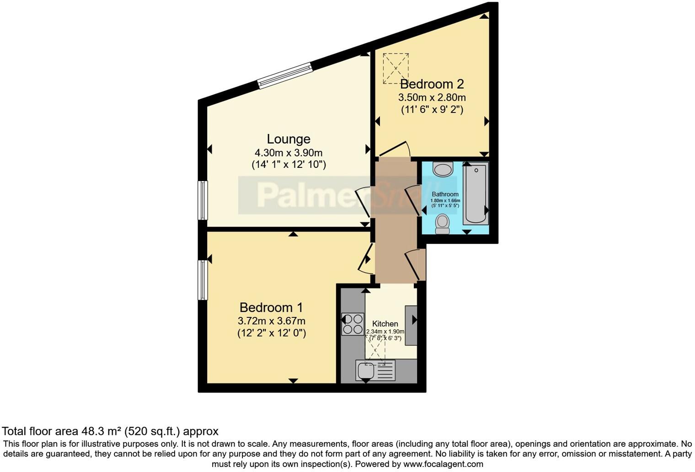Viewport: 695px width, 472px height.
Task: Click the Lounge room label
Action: (289, 139)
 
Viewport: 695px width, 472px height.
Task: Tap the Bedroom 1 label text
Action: (271, 307)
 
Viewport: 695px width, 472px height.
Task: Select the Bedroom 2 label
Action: (432, 84)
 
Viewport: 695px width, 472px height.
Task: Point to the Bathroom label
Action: (445, 194)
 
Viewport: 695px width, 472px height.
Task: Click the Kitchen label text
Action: (385, 324)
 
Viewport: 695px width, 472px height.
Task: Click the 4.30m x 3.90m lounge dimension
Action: (289, 153)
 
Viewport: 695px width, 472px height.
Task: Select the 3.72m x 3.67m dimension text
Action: (271, 321)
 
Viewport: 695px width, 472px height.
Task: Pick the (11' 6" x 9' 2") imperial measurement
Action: (432, 110)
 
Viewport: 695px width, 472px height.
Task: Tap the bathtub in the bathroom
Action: (476, 194)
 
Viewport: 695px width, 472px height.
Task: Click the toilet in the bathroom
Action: (442, 224)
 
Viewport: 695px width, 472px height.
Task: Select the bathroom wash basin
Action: (443, 169)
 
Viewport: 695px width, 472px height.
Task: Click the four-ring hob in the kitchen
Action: (353, 324)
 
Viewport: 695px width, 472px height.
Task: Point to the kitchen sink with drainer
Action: (375, 370)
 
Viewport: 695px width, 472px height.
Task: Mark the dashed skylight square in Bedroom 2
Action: (396, 68)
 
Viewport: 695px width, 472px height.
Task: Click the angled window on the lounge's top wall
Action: (285, 75)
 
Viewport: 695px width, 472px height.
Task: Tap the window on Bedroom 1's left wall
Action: (202, 280)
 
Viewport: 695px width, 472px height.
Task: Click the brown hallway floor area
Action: (396, 220)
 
